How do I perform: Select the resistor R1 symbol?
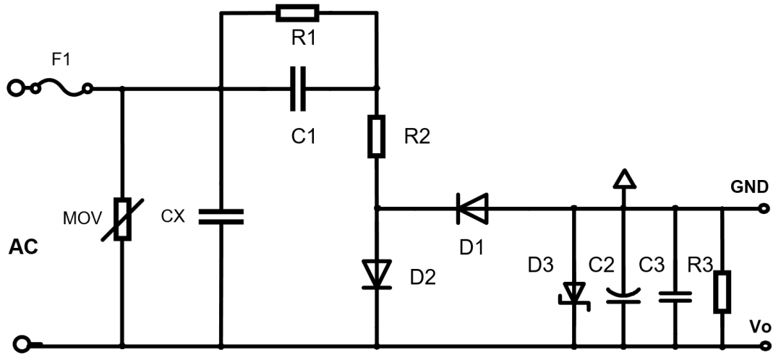pyautogui.click(x=297, y=12)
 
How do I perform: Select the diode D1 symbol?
pyautogui.click(x=471, y=209)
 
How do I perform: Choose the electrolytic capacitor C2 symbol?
pyautogui.click(x=622, y=295)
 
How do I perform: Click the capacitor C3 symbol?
pyautogui.click(x=675, y=295)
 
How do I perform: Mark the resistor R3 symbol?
pyautogui.click(x=722, y=291)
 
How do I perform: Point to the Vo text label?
pyautogui.click(x=759, y=325)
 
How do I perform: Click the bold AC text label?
pyautogui.click(x=22, y=248)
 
